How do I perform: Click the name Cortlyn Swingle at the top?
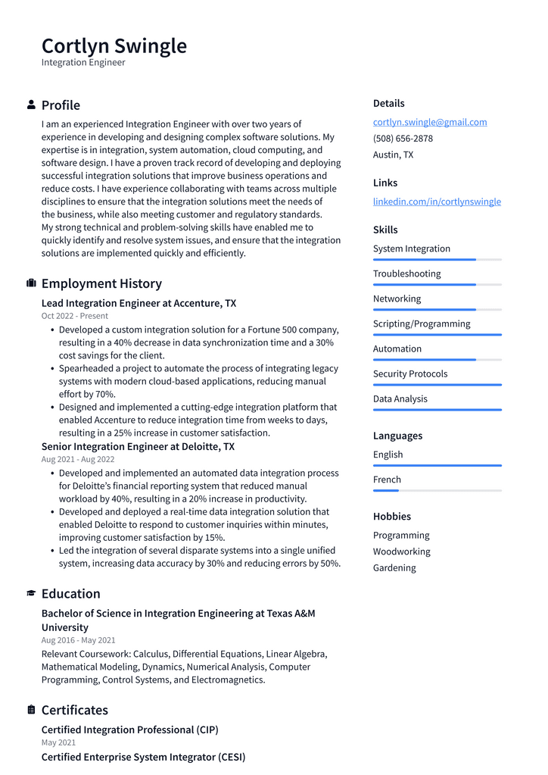pos(114,46)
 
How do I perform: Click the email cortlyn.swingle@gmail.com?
pos(429,122)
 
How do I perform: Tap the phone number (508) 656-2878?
pos(403,139)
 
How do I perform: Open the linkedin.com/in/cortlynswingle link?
pos(437,202)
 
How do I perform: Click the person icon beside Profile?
pos(31,105)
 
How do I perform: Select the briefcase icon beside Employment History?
pos(31,283)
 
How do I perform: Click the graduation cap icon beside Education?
pos(31,594)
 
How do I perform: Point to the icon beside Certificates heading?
pos(31,710)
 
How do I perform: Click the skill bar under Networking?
pos(437,309)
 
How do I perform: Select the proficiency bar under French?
pos(437,490)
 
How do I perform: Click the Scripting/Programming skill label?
pos(421,323)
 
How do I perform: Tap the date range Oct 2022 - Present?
pos(75,316)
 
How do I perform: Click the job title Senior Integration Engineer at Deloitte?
pos(138,447)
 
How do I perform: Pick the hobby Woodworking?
pos(401,552)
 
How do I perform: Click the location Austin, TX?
pos(393,155)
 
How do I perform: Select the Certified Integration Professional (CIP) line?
pos(129,730)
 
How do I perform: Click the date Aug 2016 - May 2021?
pos(78,640)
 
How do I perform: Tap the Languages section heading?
pos(397,436)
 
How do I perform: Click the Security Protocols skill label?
pos(409,373)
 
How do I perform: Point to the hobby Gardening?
pos(394,568)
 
